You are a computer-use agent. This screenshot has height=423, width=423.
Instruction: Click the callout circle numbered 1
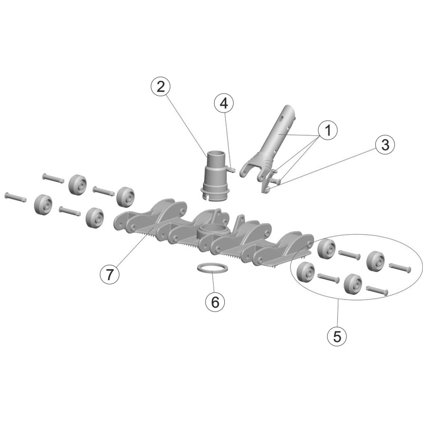click(328, 130)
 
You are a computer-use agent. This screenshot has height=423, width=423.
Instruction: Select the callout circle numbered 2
click(161, 87)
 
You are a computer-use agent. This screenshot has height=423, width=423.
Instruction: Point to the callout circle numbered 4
click(224, 103)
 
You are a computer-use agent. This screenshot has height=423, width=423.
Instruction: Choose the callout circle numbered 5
click(337, 336)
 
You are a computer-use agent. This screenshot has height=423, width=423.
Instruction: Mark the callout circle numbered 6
click(215, 301)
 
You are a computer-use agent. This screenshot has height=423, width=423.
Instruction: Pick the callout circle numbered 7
click(109, 274)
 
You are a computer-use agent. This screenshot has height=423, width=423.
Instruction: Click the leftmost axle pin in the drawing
click(15, 197)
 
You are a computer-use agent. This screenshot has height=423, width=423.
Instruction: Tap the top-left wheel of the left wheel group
click(77, 185)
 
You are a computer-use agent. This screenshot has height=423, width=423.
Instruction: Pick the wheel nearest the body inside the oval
click(326, 249)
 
